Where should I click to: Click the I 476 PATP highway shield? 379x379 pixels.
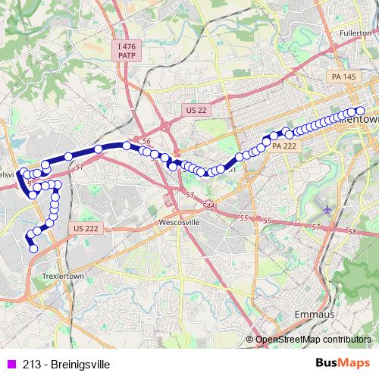coord(127,52)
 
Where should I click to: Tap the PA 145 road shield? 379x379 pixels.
coord(343,77)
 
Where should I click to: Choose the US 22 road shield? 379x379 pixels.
coord(196,110)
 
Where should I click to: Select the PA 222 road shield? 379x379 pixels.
coord(283,146)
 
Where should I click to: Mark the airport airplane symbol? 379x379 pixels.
coord(327,208)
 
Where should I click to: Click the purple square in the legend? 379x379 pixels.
coord(10,365)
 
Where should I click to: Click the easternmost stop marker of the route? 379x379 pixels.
coord(360,111)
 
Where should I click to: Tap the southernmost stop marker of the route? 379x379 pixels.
coord(33,249)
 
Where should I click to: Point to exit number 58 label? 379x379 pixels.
coord(351,232)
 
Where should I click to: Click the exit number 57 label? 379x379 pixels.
coord(317,227)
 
